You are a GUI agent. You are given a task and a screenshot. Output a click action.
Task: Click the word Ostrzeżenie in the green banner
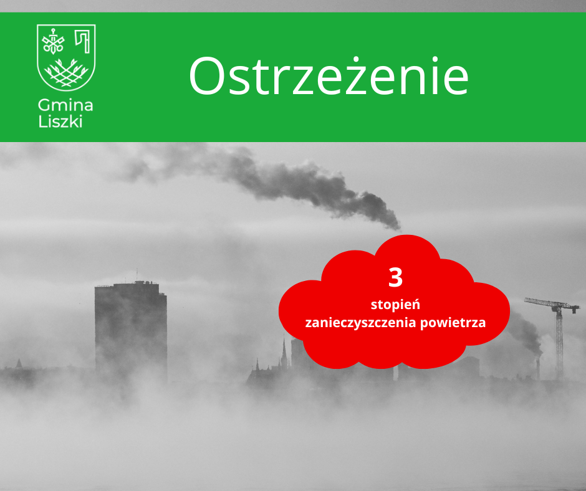[329, 77]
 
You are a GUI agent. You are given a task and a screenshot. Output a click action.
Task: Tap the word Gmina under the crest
[65, 105]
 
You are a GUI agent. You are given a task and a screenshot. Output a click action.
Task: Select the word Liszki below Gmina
[60, 121]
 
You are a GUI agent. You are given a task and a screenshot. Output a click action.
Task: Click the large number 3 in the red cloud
[395, 277]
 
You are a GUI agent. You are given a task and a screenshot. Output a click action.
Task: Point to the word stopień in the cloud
[395, 305]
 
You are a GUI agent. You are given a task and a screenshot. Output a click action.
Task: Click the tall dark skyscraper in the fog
[130, 330]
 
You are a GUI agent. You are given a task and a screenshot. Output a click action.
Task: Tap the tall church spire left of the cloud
[284, 352]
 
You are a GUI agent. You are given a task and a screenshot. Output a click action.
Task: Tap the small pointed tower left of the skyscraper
[19, 363]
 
